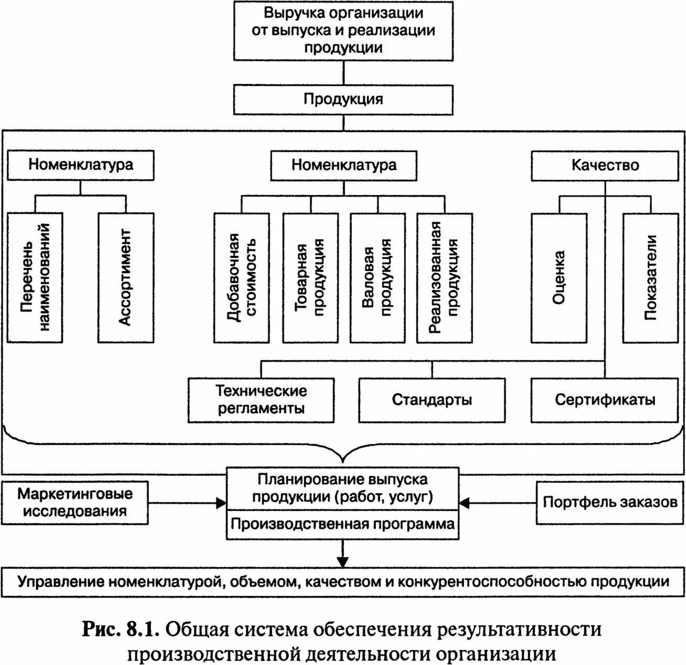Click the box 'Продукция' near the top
[343, 100]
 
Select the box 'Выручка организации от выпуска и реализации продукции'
[343, 30]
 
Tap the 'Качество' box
[605, 166]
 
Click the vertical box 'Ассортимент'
[126, 277]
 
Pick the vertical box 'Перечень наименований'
[35, 277]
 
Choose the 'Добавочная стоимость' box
[242, 277]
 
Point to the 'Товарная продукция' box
[310, 277]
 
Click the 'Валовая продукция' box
[378, 277]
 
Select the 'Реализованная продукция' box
[445, 277]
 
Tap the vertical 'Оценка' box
[559, 277]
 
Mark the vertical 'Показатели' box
[650, 277]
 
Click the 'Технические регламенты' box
[261, 400]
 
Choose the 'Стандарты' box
[432, 400]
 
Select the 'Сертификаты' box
[605, 400]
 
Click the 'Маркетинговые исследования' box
[75, 502]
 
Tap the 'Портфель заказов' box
[610, 502]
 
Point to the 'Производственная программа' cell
[342, 525]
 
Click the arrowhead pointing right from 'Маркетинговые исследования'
[221, 503]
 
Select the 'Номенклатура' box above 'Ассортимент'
[81, 165]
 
